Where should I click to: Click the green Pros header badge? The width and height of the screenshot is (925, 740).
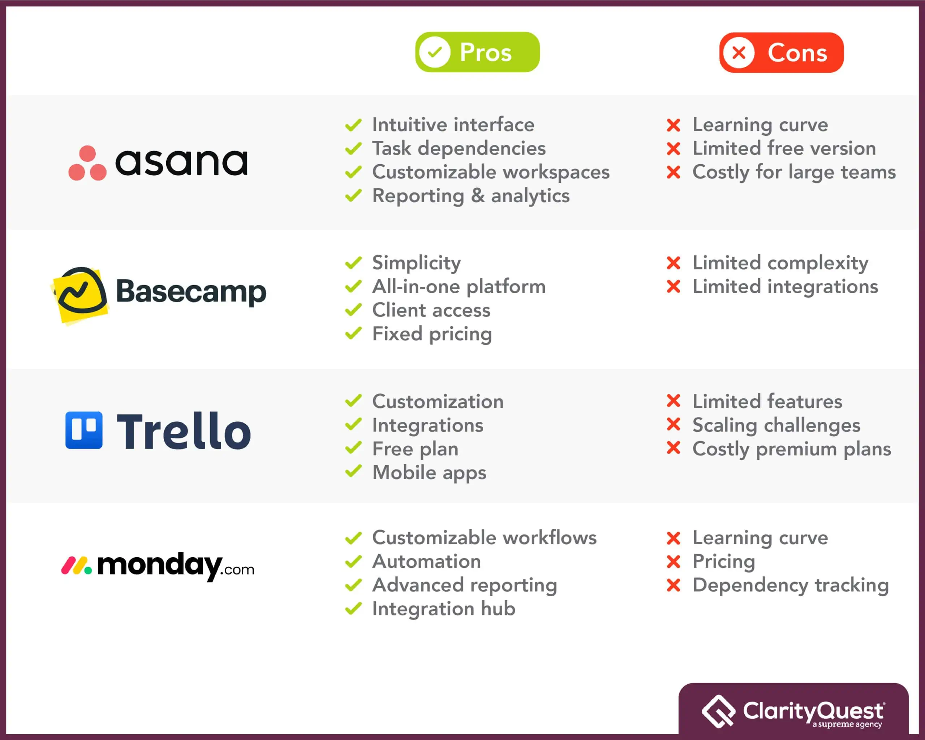click(477, 52)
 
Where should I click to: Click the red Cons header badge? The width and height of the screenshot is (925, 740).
click(781, 52)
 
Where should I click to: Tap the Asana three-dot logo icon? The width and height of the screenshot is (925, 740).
click(87, 163)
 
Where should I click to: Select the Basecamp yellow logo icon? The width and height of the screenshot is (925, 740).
click(79, 295)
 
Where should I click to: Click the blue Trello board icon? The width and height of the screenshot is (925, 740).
click(84, 430)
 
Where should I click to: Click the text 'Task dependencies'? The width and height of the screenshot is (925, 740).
click(459, 148)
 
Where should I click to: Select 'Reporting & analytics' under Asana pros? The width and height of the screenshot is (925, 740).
click(471, 196)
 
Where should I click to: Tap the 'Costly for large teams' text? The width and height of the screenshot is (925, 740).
click(794, 172)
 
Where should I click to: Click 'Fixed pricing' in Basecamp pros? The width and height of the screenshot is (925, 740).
click(432, 334)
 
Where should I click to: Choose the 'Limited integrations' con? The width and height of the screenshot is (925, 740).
click(785, 286)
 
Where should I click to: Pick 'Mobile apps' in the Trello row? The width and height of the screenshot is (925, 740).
click(429, 472)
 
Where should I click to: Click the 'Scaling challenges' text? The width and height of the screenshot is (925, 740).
click(776, 425)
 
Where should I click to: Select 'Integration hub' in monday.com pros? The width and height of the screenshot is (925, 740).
click(444, 609)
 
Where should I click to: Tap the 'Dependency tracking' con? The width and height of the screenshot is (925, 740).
click(790, 585)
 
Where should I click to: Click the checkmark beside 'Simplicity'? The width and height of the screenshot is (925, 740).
click(353, 263)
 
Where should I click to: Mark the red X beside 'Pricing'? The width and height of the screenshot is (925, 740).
click(673, 561)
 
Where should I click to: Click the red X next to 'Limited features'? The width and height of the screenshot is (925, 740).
click(673, 401)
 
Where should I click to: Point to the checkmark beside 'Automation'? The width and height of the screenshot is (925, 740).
click(353, 561)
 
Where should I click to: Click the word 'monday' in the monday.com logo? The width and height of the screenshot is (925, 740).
click(160, 566)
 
